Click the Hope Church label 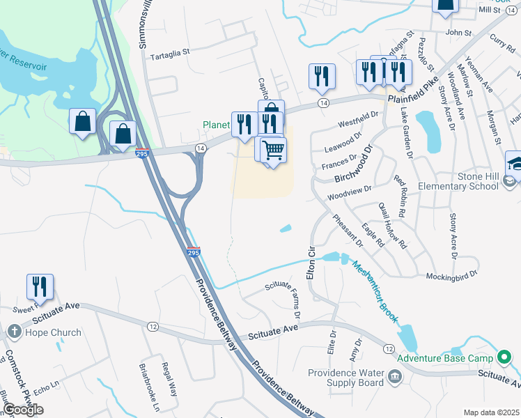(53, 332)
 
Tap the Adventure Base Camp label (444, 359)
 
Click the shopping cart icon (274, 149)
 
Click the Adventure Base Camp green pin (504, 359)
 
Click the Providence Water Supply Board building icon (395, 377)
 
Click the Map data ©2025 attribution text (490, 412)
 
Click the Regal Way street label (168, 376)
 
